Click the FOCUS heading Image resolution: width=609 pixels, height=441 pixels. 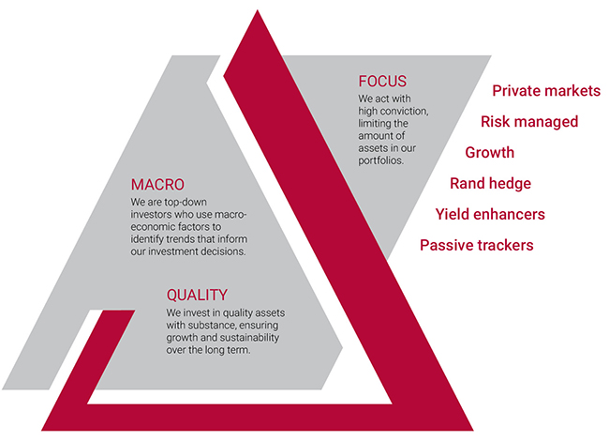382,82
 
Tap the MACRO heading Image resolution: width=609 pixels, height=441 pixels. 157,185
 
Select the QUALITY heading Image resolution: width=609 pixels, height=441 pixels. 197,296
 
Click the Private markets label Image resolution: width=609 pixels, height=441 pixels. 546,91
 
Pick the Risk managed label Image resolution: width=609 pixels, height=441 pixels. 529,122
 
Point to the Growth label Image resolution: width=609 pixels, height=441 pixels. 489,152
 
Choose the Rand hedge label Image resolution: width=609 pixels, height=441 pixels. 490,184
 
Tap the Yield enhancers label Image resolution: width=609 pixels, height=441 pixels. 490,214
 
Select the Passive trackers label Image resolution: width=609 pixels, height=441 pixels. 477,245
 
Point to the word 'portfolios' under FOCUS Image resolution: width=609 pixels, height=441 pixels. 380,160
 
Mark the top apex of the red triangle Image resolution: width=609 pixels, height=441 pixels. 257,10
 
